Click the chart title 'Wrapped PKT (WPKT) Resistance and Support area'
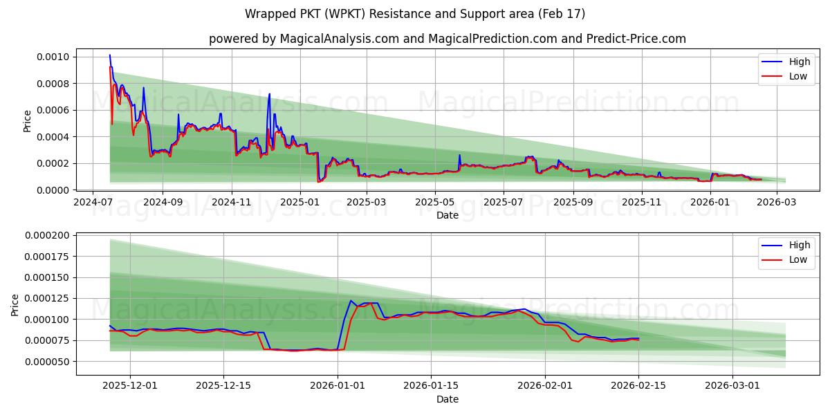click(415, 14)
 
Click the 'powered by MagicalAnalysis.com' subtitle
click(448, 39)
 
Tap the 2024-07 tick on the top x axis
click(93, 203)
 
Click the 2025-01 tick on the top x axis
click(299, 203)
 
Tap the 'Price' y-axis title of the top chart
click(27, 121)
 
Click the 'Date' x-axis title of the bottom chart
click(447, 399)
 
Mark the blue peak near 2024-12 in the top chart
click(269, 94)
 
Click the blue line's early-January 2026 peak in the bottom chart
click(351, 301)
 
